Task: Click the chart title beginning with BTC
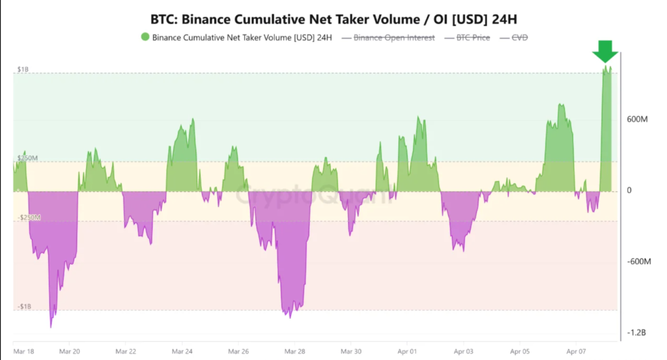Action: tap(333, 18)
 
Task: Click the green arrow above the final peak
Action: tap(605, 51)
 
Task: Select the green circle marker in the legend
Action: tap(145, 37)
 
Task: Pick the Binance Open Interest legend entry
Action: tap(393, 37)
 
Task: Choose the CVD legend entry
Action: tap(518, 37)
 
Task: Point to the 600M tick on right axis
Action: tap(638, 120)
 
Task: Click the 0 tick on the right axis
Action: tap(629, 191)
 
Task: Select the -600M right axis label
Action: tap(639, 262)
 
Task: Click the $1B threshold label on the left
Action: tap(23, 69)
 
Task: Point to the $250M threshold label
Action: tap(27, 158)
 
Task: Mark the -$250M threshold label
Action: tap(28, 217)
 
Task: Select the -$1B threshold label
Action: tap(25, 306)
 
